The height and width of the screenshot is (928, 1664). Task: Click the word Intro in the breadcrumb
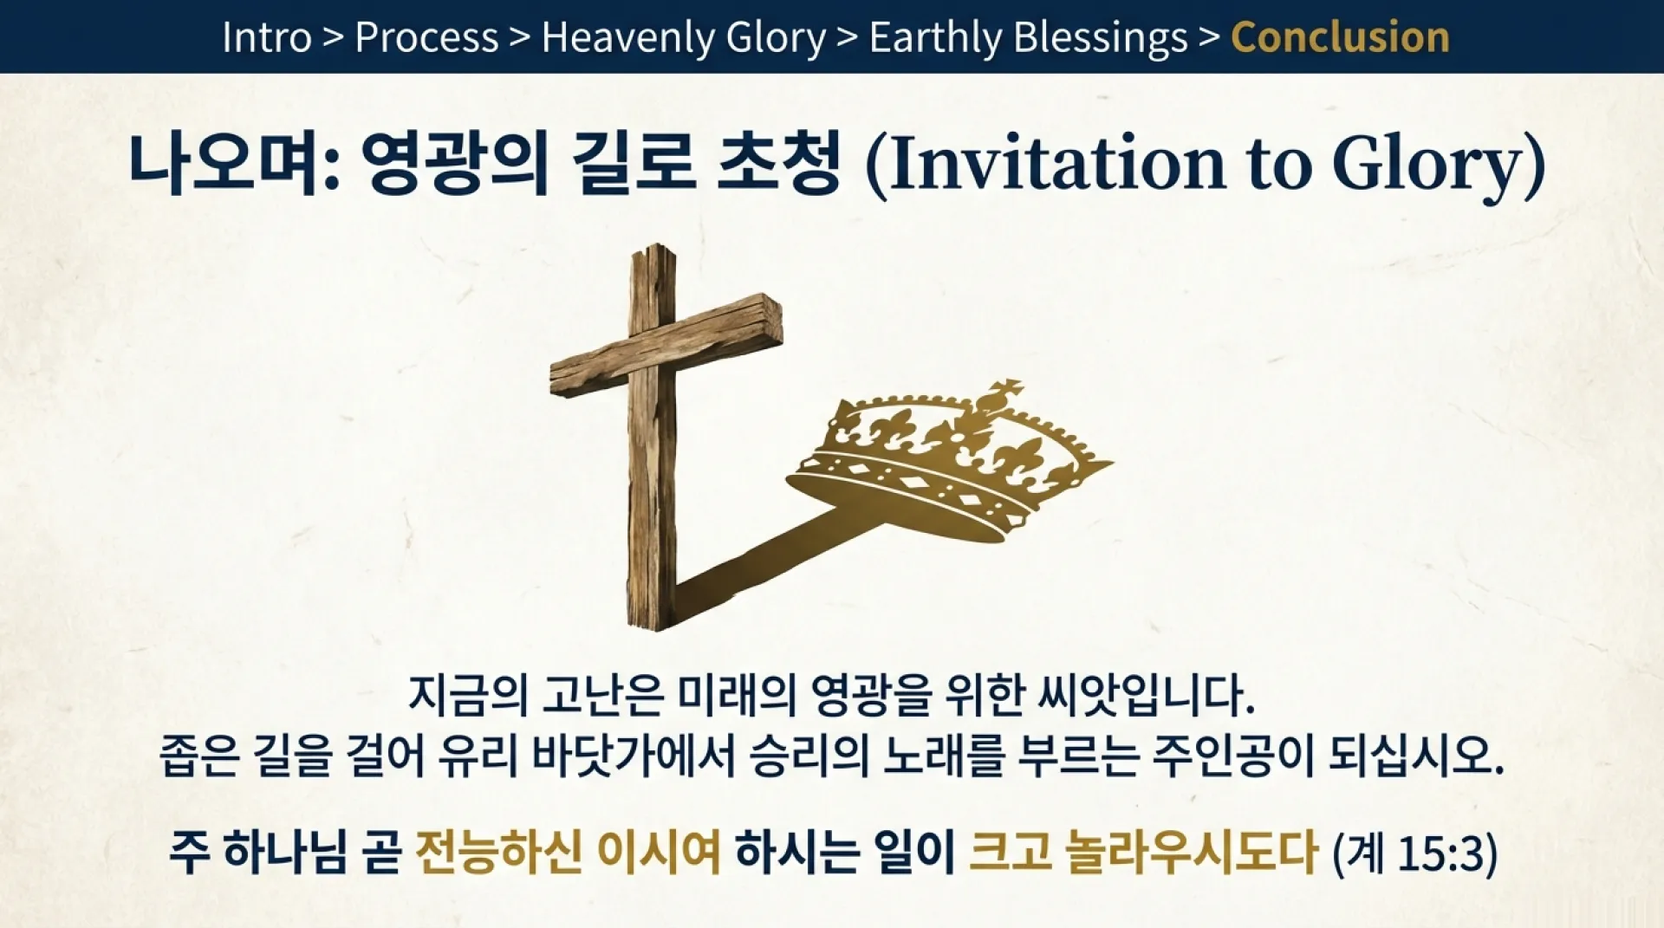(x=266, y=37)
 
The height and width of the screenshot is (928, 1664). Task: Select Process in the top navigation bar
(x=426, y=37)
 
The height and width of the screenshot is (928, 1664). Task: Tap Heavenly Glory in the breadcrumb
(x=683, y=37)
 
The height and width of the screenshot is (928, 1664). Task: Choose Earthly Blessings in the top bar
(x=1028, y=37)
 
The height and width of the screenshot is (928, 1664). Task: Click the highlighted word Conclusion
(x=1340, y=37)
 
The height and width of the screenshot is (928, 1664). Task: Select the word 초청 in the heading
(x=779, y=162)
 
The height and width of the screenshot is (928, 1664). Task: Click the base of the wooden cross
(x=651, y=607)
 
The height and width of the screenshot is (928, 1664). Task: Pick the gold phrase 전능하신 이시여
(x=568, y=853)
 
